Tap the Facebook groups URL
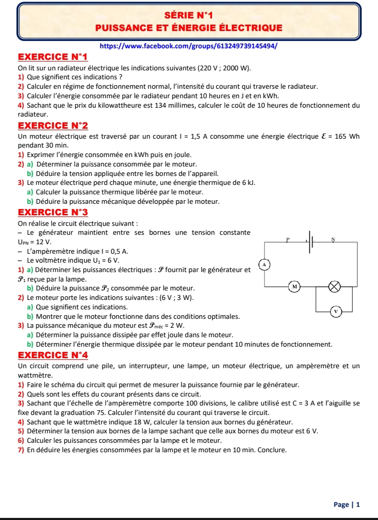point(188,46)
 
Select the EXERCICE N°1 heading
point(52,57)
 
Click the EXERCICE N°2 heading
point(52,126)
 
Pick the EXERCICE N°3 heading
point(52,212)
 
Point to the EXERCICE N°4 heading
point(52,355)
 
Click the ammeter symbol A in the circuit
point(266,264)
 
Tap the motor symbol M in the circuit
point(295,287)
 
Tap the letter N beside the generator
point(333,240)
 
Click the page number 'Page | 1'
point(347,505)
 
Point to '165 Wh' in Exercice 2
point(346,137)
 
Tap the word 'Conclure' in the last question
point(272,450)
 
